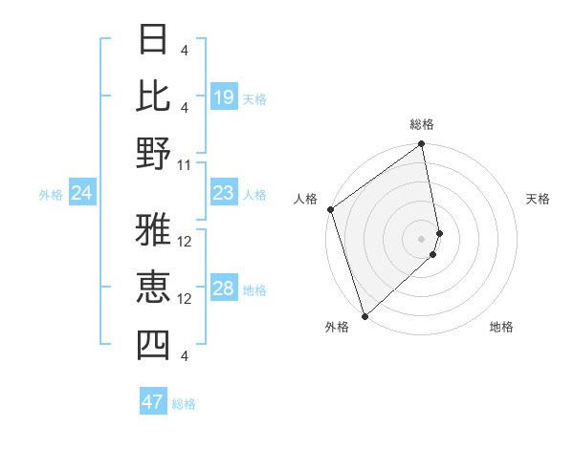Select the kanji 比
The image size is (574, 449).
[153, 96]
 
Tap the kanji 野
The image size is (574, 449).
[153, 154]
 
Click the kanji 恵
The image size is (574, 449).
[153, 288]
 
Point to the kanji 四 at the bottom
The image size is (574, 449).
[153, 345]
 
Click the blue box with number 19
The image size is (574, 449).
[224, 97]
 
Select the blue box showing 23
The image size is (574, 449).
[224, 194]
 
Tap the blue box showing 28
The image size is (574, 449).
[224, 289]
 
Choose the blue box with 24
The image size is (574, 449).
[82, 194]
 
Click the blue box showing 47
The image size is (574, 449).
[153, 402]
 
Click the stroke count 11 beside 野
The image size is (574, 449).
[186, 164]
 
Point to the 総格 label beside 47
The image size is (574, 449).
[185, 404]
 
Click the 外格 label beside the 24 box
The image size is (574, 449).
[51, 195]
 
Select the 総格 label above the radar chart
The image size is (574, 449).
[422, 124]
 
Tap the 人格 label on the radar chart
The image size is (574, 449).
[306, 199]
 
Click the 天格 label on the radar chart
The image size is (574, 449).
[539, 199]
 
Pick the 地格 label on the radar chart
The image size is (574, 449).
[501, 327]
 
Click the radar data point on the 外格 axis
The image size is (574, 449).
[364, 315]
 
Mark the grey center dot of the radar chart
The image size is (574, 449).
[422, 238]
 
